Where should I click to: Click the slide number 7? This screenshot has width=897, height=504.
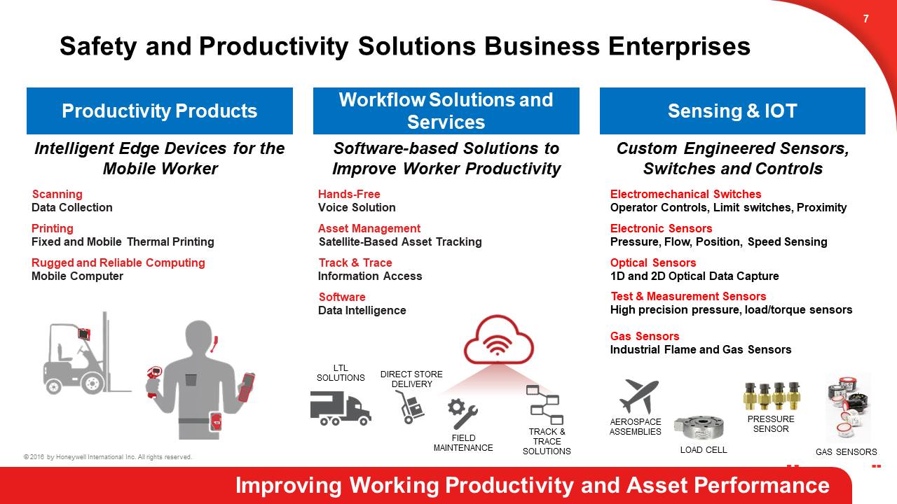[865, 19]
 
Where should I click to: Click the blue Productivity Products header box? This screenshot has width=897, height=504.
[160, 111]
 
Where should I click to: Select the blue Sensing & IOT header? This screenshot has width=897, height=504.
[732, 111]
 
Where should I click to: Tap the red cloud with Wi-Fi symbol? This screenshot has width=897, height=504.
[498, 339]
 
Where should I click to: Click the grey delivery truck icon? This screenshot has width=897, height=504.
[341, 407]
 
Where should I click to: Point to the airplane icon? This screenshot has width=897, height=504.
[638, 396]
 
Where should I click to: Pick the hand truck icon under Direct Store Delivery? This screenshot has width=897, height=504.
[410, 407]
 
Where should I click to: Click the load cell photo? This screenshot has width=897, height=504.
[699, 428]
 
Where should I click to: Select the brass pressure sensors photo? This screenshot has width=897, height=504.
[771, 395]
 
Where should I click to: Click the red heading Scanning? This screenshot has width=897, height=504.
[57, 194]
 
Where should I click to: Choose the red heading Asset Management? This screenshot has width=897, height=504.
[369, 228]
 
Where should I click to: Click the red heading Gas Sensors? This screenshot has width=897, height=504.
[645, 336]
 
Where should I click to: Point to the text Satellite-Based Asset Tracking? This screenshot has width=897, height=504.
[400, 242]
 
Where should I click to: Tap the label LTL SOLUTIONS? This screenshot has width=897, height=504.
[341, 373]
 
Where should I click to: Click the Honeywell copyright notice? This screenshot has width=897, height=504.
[108, 457]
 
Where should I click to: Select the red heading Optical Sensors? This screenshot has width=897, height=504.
[653, 262]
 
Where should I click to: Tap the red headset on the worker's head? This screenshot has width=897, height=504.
[214, 344]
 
